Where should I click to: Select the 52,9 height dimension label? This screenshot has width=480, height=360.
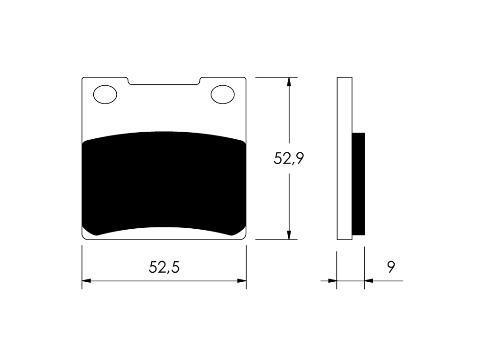click(x=289, y=158)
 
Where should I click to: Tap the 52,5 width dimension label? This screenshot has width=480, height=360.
click(x=164, y=267)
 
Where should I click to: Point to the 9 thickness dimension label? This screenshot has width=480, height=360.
click(x=391, y=267)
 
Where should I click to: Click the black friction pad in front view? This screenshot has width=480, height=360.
click(x=164, y=183)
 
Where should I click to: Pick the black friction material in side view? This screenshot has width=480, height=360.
click(x=359, y=184)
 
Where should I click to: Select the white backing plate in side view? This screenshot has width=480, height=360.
click(x=345, y=158)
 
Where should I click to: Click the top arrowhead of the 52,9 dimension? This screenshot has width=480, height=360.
click(x=289, y=82)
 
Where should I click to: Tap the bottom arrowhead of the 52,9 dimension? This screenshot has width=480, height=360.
click(x=289, y=235)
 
